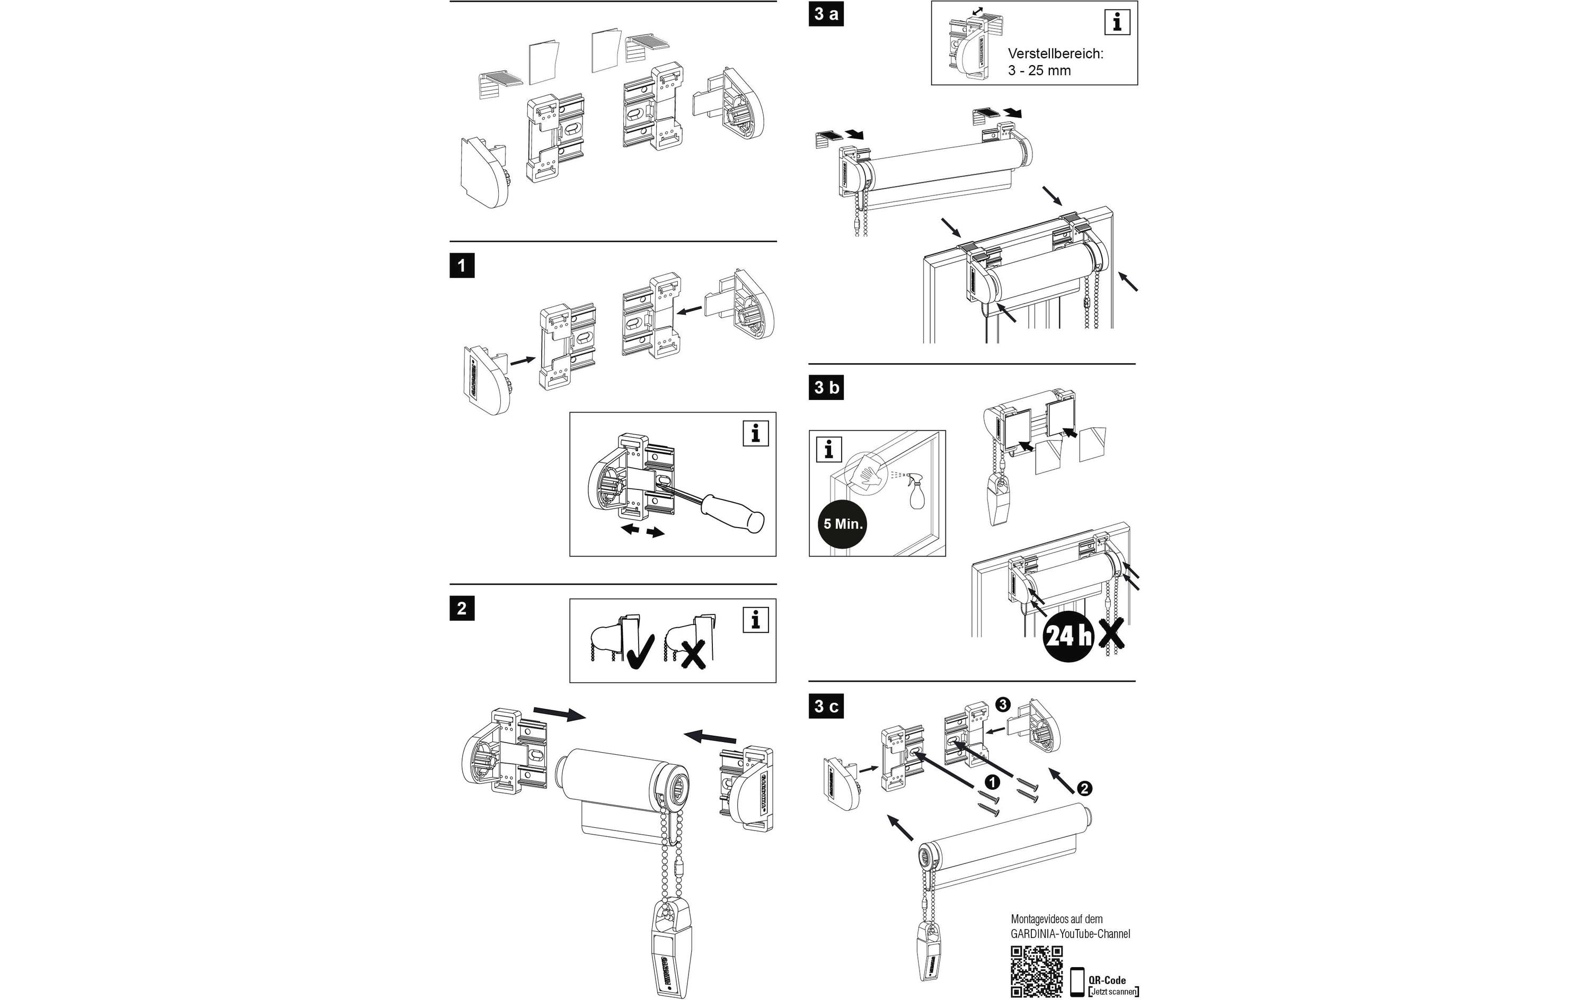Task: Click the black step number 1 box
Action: (462, 266)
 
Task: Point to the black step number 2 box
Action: (462, 608)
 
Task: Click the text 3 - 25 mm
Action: (1039, 70)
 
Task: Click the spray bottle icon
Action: (916, 492)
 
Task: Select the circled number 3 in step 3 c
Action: (1002, 705)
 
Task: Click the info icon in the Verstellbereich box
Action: (1117, 22)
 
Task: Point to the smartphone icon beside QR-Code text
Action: (1077, 981)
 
